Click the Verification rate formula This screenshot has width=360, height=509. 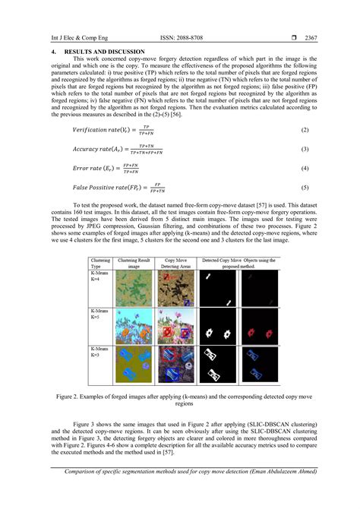pos(113,131)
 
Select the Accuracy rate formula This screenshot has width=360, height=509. pos(118,149)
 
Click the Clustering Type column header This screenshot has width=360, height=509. pos(100,264)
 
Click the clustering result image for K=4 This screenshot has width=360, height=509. pos(134,289)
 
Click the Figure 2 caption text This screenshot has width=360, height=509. pos(179,400)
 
